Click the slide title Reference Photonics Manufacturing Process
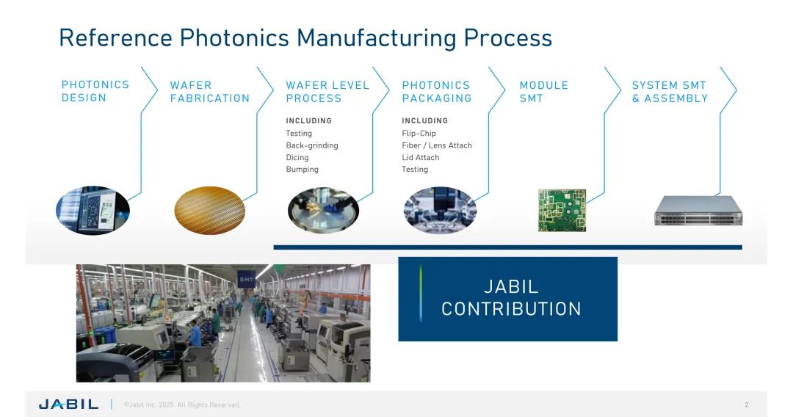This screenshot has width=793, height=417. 305,38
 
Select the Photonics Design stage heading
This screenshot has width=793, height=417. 95,92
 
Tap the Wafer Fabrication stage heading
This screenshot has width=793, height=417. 210,92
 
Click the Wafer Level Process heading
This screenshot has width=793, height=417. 327,92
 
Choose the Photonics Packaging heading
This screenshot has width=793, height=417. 437,92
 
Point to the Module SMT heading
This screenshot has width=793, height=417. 543,92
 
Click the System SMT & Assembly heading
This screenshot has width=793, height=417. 670,92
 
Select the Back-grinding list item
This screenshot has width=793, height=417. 312,145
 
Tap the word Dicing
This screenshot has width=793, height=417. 297,157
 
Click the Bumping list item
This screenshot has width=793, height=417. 303,170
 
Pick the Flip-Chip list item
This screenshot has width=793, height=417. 419,134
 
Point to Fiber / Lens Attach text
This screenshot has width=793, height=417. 437,145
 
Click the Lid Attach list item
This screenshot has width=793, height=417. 421,157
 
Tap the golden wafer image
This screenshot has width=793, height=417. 210,211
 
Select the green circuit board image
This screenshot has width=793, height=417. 562,211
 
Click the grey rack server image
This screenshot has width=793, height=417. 698,210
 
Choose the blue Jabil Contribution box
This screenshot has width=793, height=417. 508,299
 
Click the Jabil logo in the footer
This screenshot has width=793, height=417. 68,405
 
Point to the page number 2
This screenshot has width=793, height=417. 747,405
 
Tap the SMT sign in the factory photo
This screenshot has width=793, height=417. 246,279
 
